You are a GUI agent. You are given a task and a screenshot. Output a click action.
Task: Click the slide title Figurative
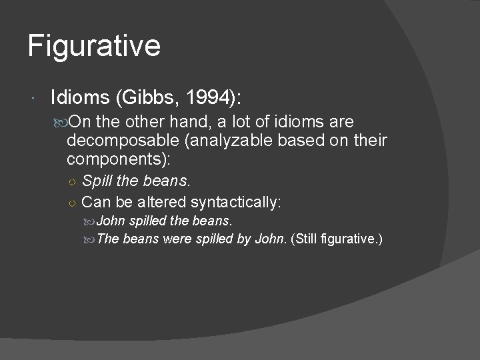pyautogui.click(x=94, y=47)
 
